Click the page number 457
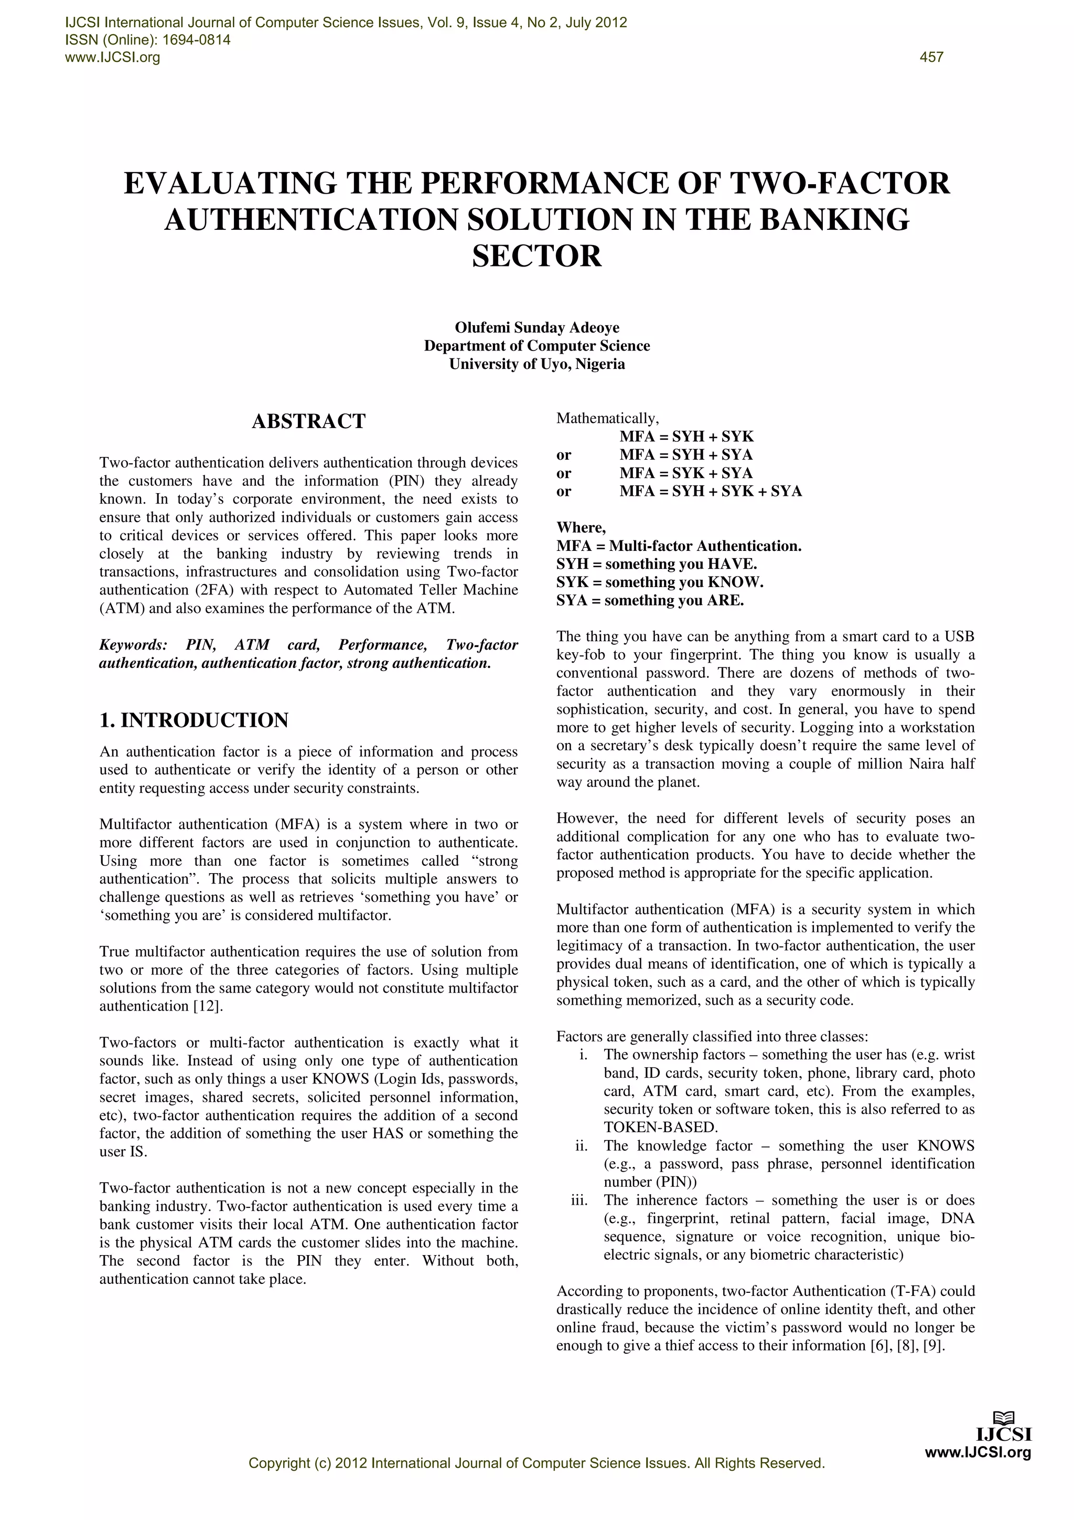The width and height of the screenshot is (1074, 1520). [x=931, y=58]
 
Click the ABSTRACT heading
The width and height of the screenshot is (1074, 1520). [x=308, y=422]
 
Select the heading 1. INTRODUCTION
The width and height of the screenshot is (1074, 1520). [x=194, y=720]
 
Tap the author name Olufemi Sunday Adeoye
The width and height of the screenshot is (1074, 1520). [x=536, y=328]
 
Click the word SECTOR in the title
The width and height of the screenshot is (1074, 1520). [x=536, y=256]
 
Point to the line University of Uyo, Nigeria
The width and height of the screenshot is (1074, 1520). [x=536, y=364]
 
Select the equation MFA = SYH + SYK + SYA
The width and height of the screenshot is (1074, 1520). [x=710, y=491]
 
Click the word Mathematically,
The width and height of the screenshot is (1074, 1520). [x=607, y=418]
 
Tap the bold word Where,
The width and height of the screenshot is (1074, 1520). [x=581, y=528]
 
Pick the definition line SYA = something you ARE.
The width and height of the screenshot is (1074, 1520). [x=650, y=600]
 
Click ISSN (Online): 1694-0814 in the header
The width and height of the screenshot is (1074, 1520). [x=147, y=40]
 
